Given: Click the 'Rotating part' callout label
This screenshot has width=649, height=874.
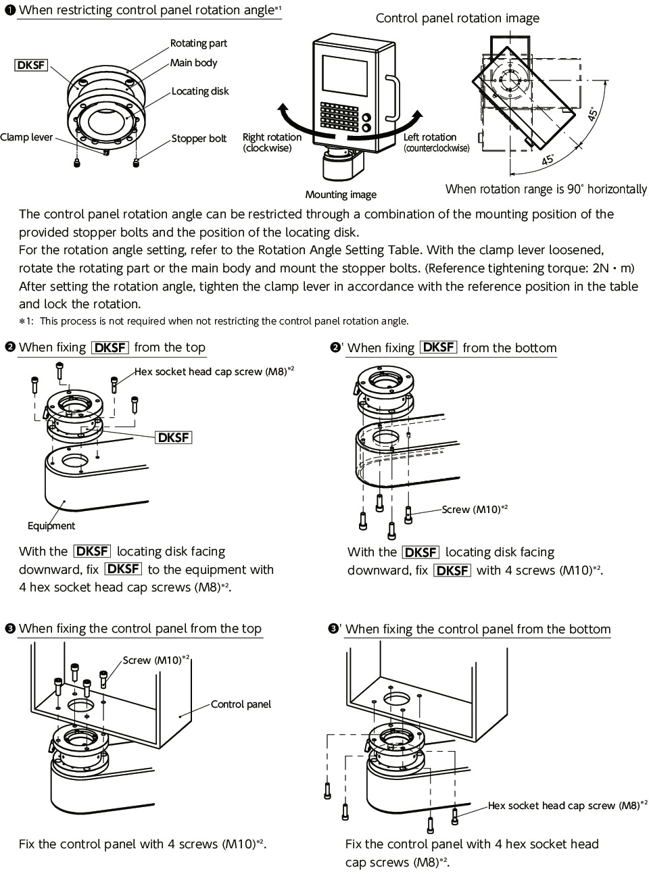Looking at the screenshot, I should (x=199, y=43).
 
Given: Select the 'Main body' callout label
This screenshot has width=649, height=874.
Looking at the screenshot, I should (x=194, y=63).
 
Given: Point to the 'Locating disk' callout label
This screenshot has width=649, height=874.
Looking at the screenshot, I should (x=200, y=91).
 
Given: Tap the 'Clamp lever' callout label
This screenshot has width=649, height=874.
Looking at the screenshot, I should (x=26, y=137).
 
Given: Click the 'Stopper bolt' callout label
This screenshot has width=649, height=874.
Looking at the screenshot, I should (x=199, y=139).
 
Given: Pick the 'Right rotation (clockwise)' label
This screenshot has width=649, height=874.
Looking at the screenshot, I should (x=272, y=143).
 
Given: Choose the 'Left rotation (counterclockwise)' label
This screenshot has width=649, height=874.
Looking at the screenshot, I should (x=436, y=143).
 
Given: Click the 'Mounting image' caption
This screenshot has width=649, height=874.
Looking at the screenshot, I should (x=341, y=195).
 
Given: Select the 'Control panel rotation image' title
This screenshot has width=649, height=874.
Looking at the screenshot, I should (x=458, y=18).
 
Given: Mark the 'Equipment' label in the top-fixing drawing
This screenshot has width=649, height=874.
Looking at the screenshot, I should (x=51, y=526).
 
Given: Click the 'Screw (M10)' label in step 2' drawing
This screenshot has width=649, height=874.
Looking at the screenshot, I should (x=474, y=509).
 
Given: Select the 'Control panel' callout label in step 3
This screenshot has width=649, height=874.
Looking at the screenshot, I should (x=241, y=704).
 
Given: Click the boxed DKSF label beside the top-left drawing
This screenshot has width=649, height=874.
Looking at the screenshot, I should (x=31, y=65).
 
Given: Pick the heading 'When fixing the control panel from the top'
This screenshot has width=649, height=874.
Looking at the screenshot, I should (x=140, y=629).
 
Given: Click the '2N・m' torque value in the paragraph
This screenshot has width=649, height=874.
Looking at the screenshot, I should (x=617, y=268).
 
